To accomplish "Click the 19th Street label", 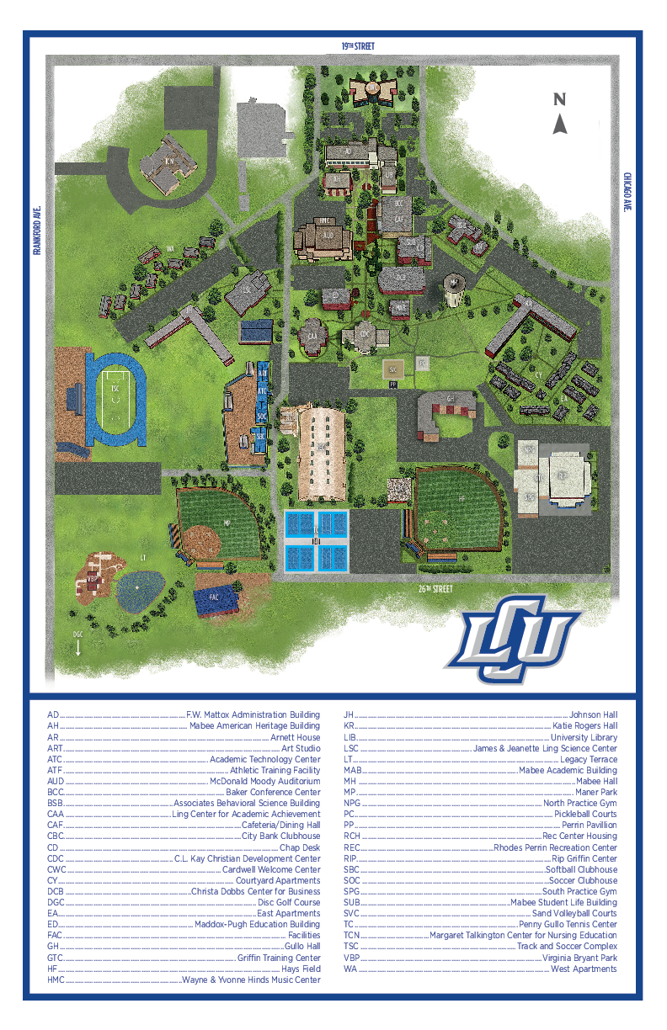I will (x=357, y=46).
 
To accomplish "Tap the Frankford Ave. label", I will (x=37, y=230).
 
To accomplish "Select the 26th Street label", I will (x=435, y=589).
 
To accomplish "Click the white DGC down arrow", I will (x=77, y=648).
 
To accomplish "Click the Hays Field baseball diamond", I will (x=460, y=510).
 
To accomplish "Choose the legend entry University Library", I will (x=584, y=737).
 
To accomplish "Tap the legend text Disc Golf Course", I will (x=289, y=902).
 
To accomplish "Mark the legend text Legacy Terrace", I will (x=589, y=759).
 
